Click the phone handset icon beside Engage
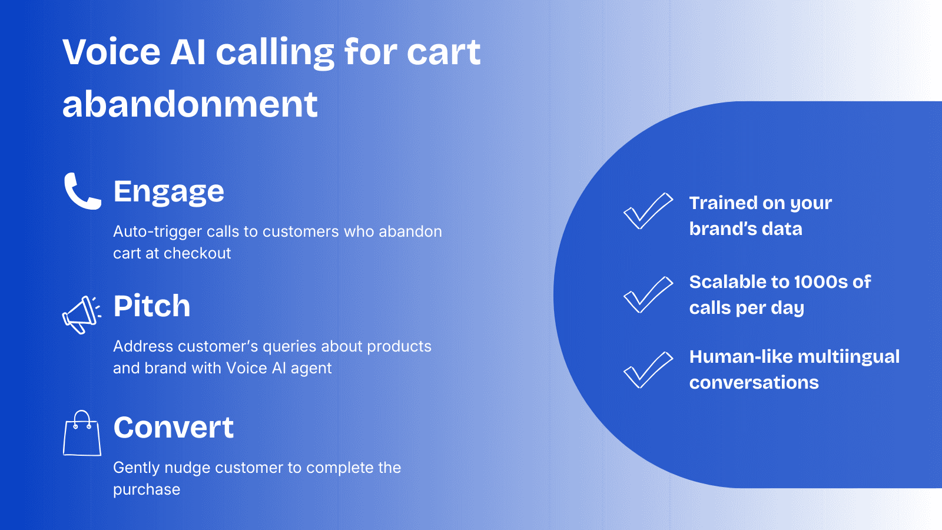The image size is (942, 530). click(x=82, y=191)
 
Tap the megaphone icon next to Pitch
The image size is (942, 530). click(x=81, y=314)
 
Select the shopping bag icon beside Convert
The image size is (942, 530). click(x=82, y=434)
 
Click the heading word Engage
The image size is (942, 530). click(x=168, y=191)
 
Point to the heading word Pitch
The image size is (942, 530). click(x=152, y=306)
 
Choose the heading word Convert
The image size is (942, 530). click(x=173, y=428)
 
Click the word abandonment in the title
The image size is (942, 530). click(x=190, y=104)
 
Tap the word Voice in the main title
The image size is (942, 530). click(x=111, y=52)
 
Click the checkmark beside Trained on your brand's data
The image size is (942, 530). click(x=648, y=211)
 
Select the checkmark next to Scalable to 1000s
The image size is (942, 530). click(x=648, y=294)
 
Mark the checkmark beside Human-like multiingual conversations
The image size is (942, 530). click(x=648, y=370)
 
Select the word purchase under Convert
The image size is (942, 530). click(x=147, y=490)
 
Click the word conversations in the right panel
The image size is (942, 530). click(x=754, y=383)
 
